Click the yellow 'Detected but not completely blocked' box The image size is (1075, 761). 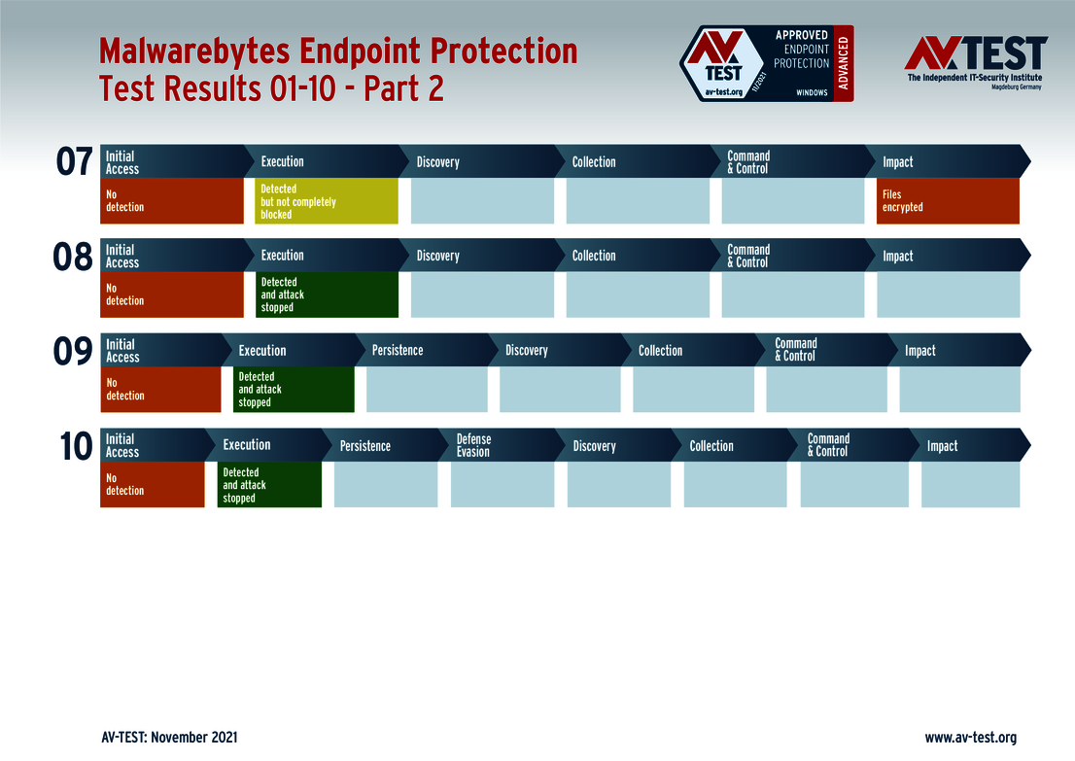click(x=326, y=201)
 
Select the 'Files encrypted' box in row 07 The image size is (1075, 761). click(x=947, y=201)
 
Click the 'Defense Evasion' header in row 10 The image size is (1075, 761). click(x=473, y=445)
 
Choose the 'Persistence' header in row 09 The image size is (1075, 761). click(x=398, y=350)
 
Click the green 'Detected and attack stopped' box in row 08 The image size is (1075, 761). click(x=326, y=294)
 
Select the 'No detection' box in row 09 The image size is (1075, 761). click(x=160, y=390)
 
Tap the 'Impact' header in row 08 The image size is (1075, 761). click(x=898, y=257)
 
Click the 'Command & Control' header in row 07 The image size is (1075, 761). click(x=748, y=162)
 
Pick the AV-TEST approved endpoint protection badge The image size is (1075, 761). click(x=766, y=64)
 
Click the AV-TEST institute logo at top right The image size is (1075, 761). click(x=975, y=62)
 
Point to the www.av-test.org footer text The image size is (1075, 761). click(x=970, y=738)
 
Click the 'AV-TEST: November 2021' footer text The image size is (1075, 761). click(x=169, y=738)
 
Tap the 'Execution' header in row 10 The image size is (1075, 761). click(x=247, y=445)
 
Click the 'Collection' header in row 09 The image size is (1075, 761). click(x=660, y=351)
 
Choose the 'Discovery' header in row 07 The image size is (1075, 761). click(x=437, y=162)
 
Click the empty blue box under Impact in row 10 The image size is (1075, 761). click(x=970, y=485)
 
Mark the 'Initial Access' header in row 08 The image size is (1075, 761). click(x=122, y=257)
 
